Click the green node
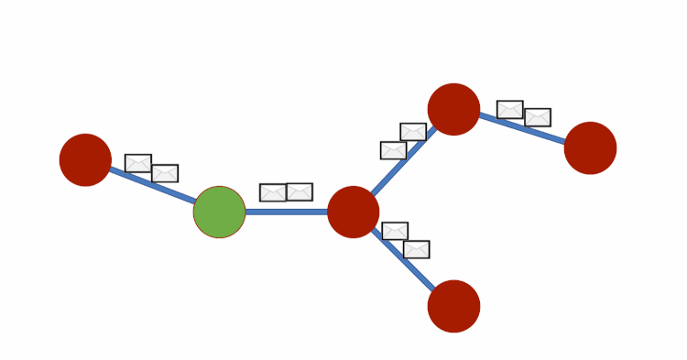coord(219,212)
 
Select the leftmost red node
coord(85,160)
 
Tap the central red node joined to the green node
coord(354,212)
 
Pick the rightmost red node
coord(590,148)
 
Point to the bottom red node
coord(453,306)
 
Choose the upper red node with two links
coord(453,109)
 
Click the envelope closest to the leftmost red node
coord(138,163)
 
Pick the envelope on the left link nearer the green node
coord(165,173)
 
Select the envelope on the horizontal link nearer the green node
coord(273,192)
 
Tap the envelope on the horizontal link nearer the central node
coord(300,191)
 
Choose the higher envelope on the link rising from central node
coord(413,132)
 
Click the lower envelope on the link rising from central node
coord(394,150)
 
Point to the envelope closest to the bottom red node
coord(417,249)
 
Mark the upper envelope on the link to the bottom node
coord(395,231)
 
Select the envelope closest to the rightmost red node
coord(538,117)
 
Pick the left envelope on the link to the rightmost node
coord(510,110)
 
